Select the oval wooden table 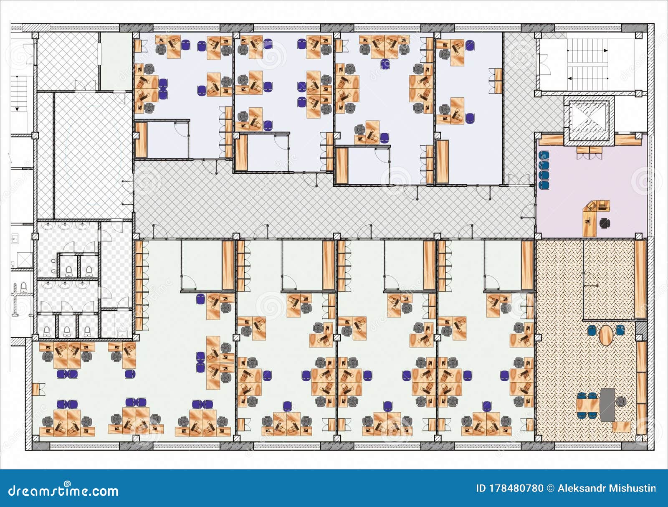coord(605,335)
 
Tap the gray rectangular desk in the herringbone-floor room coord(607,404)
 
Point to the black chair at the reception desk coord(604,223)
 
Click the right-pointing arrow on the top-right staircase coord(605,51)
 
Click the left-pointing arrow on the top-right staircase coord(569,78)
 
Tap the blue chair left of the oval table coord(591,330)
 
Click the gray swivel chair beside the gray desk coord(621,401)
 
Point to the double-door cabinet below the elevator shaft coord(590,152)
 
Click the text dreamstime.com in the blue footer coord(63,490)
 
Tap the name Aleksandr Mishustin coord(606,488)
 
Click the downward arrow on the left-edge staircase coord(18,109)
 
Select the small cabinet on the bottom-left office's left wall coord(36,389)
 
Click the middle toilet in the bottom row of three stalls coord(67,331)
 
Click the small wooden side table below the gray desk coord(621,427)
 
